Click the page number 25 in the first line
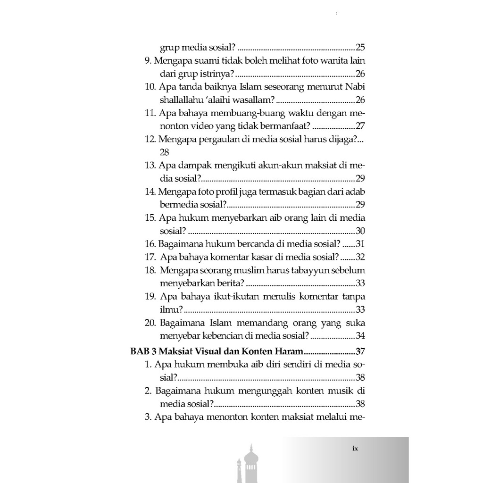tap(360, 48)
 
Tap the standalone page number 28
tap(164, 152)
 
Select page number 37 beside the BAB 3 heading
tap(360, 351)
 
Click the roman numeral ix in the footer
tap(355, 449)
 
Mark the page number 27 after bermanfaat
tap(360, 126)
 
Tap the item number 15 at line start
tap(150, 218)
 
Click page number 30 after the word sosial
tap(360, 231)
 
